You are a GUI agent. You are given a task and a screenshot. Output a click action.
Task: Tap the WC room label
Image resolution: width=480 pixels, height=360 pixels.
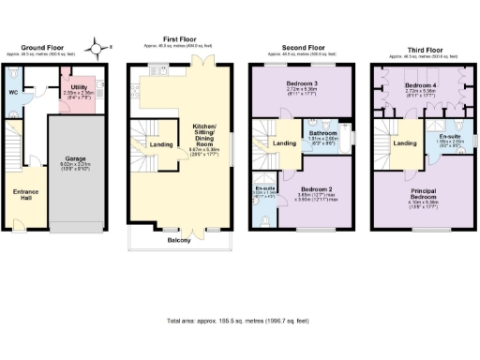(x=13, y=92)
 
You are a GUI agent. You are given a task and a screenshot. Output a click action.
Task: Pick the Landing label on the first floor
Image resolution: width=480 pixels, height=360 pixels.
(x=161, y=143)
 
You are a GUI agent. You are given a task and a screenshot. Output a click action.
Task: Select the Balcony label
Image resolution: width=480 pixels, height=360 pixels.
(x=178, y=240)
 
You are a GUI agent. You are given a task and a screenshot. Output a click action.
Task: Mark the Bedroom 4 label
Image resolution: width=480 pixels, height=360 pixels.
(x=422, y=84)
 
